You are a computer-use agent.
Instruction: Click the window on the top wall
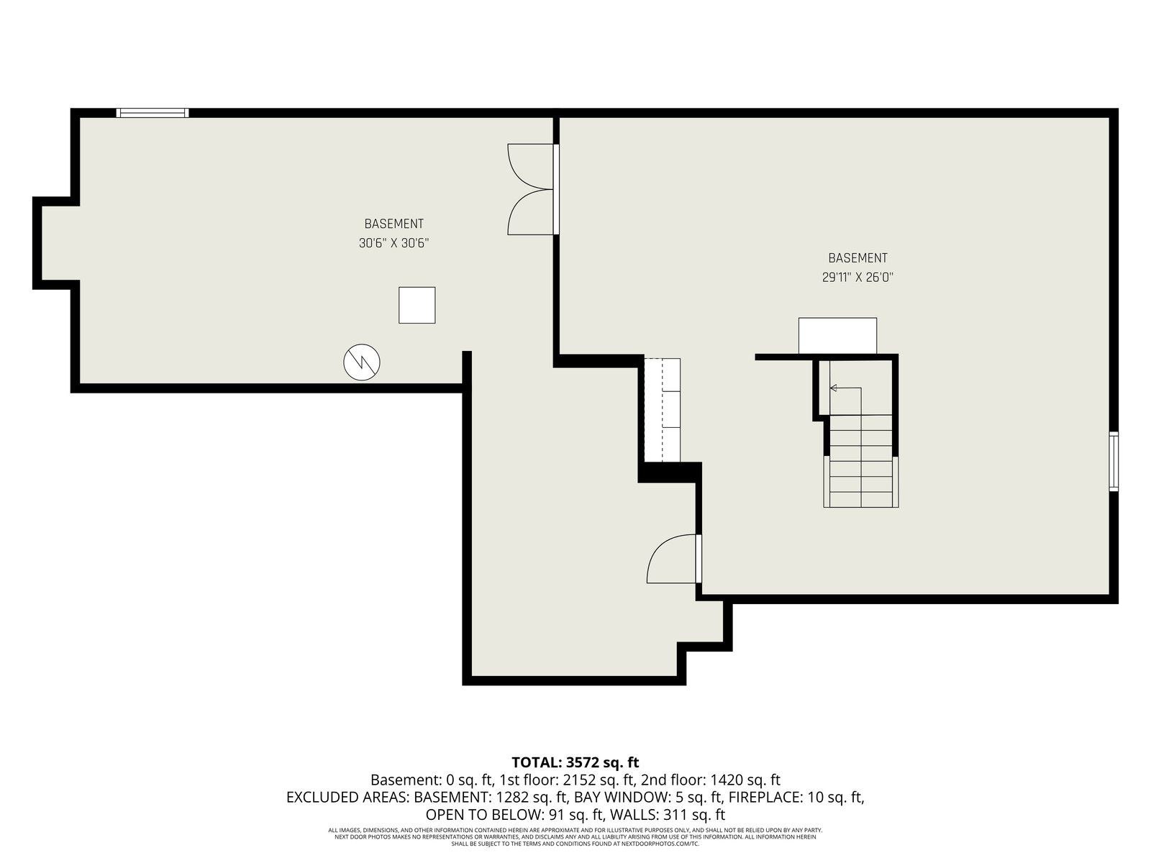[x=152, y=113]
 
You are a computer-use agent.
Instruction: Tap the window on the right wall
[x=1114, y=461]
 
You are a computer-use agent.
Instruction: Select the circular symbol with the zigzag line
[x=362, y=362]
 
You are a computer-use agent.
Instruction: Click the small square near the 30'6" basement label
[x=417, y=305]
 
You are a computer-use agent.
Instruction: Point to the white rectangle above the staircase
[x=837, y=335]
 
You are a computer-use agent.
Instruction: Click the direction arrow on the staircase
[x=845, y=388]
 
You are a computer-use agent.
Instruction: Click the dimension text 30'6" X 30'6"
[x=393, y=243]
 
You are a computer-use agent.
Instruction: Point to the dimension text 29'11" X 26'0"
[x=857, y=277]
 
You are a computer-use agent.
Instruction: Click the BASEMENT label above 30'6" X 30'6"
[x=393, y=224]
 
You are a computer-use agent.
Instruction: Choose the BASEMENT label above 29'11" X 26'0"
[x=858, y=257]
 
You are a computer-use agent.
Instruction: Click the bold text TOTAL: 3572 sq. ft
[x=575, y=762]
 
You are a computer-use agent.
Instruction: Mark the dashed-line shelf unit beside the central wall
[x=663, y=410]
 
